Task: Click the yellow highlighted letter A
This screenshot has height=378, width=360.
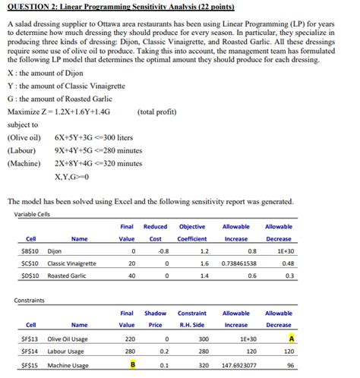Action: pos(292,338)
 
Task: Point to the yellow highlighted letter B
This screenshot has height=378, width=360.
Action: pos(132,365)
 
